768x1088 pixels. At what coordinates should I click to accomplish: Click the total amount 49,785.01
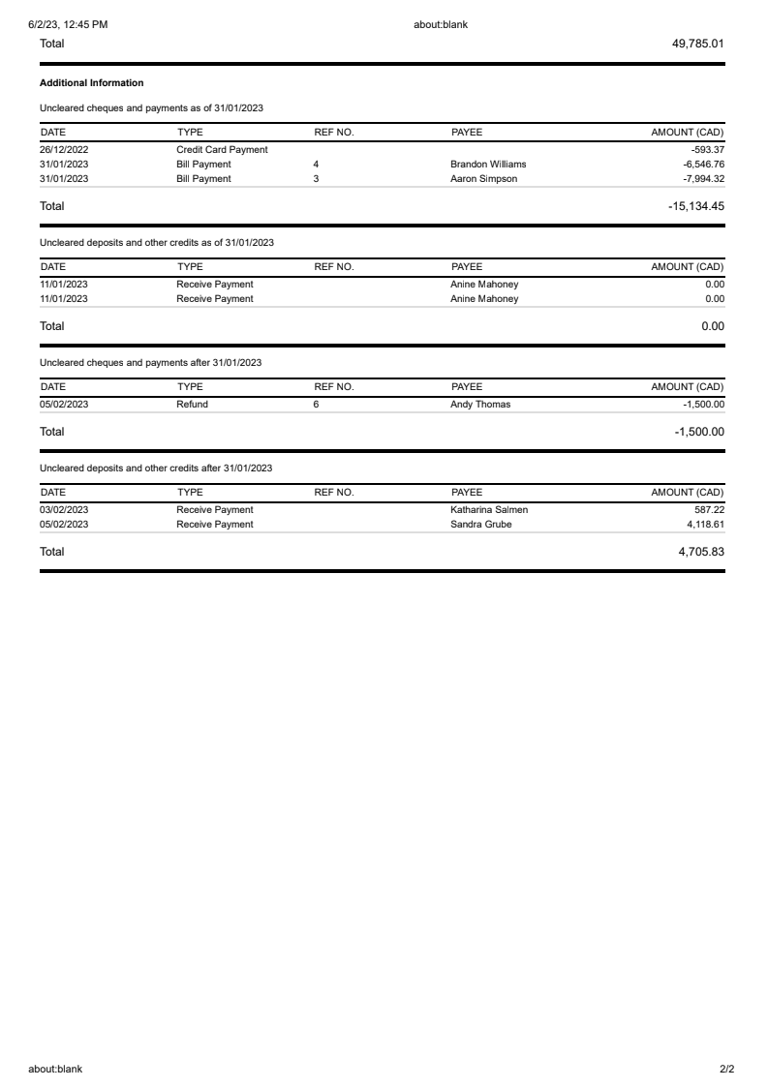click(697, 44)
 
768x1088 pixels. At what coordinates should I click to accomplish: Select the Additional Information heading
click(91, 83)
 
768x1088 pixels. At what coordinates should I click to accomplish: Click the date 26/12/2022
click(64, 150)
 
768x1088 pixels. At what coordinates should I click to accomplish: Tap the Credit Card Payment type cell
click(222, 150)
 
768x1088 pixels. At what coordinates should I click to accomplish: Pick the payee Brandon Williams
click(488, 165)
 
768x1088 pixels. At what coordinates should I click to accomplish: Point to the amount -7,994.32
click(703, 179)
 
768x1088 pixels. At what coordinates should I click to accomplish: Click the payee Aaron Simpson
click(483, 179)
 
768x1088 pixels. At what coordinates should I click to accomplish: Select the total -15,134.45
click(696, 206)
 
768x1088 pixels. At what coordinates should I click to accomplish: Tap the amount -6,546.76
click(703, 165)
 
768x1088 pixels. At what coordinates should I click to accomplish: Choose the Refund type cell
click(192, 405)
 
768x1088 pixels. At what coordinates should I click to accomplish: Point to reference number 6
click(316, 405)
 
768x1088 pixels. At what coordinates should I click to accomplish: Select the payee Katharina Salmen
click(489, 510)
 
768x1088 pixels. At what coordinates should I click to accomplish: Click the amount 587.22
click(710, 510)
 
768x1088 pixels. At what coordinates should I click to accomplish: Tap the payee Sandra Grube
click(481, 525)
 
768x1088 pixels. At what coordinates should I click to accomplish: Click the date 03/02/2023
click(64, 510)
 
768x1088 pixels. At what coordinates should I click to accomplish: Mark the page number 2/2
click(727, 1070)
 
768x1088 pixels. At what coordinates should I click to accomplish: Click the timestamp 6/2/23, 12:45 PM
click(68, 24)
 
